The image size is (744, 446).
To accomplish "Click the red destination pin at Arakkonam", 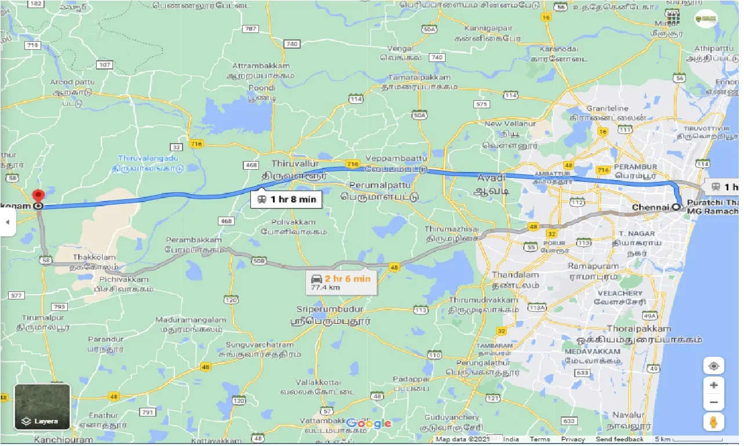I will (38, 196).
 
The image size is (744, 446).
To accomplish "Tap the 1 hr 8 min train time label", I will (285, 200).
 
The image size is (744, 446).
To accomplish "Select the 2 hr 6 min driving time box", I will (341, 283).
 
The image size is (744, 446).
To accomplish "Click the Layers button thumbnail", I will (42, 407).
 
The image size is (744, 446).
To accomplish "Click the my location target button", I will (713, 366).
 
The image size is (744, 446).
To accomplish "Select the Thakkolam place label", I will (94, 257).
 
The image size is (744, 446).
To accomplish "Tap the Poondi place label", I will (261, 87).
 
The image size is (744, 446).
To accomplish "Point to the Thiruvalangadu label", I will (148, 158).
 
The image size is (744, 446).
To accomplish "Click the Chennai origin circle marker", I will (676, 207).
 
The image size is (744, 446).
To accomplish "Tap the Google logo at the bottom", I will (370, 424).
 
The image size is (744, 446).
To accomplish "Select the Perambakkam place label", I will (194, 240).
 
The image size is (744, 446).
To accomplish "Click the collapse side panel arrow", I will (8, 222).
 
